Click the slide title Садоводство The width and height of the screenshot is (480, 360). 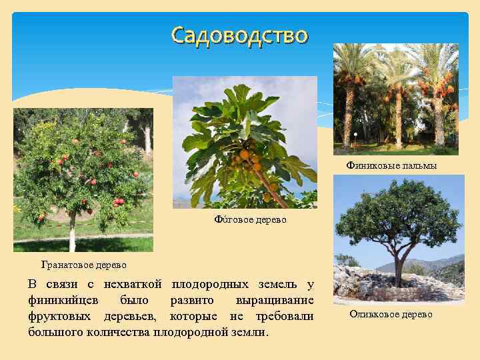[x=239, y=35]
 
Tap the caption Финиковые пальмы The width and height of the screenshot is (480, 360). [x=391, y=165]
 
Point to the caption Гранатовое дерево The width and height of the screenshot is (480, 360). [x=83, y=265]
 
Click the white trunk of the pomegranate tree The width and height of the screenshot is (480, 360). [x=72, y=233]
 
